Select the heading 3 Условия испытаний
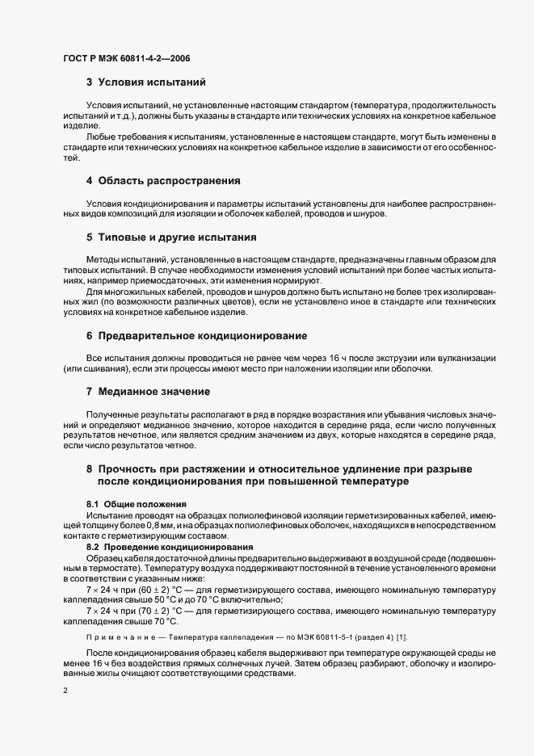click(146, 82)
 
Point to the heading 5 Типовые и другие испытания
click(171, 237)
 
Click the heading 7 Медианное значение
click(149, 392)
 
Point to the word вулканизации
click(473, 358)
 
